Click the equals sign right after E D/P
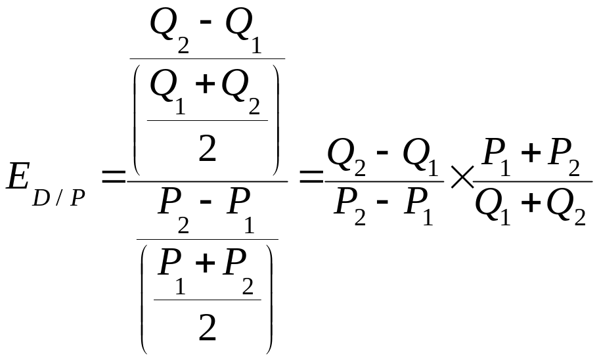(113, 176)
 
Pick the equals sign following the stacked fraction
(312, 176)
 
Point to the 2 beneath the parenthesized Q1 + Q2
(208, 150)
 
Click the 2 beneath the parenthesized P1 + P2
(208, 328)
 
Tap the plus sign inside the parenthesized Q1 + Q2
(206, 85)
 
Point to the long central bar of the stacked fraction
(207, 180)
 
